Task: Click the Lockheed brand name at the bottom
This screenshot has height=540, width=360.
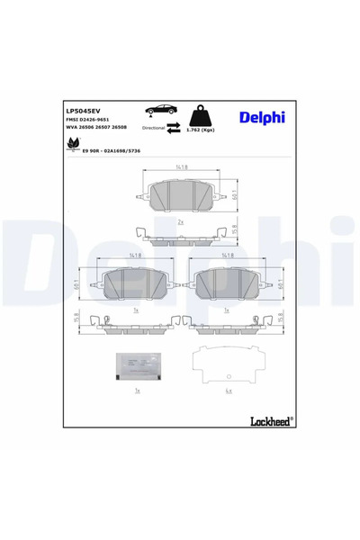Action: click(270, 419)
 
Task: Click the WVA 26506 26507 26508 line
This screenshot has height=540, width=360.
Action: click(103, 129)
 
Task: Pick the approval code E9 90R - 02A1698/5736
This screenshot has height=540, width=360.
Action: click(112, 150)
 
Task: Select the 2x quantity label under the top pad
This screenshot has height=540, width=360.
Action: click(181, 220)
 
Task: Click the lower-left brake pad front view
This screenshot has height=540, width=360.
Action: click(134, 283)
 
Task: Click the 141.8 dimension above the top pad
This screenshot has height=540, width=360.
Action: click(182, 167)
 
